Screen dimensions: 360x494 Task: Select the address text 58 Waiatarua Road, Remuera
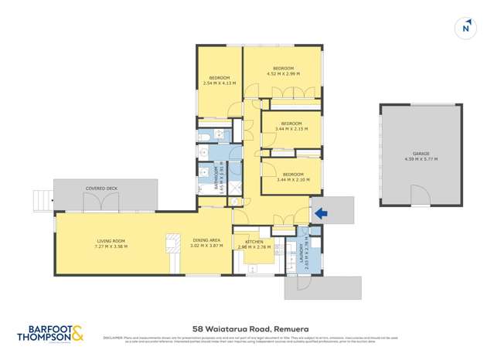pos(247,328)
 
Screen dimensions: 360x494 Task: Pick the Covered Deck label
pos(101,188)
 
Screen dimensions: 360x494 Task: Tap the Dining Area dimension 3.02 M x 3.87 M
pos(206,246)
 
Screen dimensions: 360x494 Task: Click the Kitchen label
pos(254,242)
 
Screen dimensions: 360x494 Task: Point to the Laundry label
pos(299,253)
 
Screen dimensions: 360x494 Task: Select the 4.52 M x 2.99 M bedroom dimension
pos(283,74)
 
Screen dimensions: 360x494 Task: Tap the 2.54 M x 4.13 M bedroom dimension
pos(218,83)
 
